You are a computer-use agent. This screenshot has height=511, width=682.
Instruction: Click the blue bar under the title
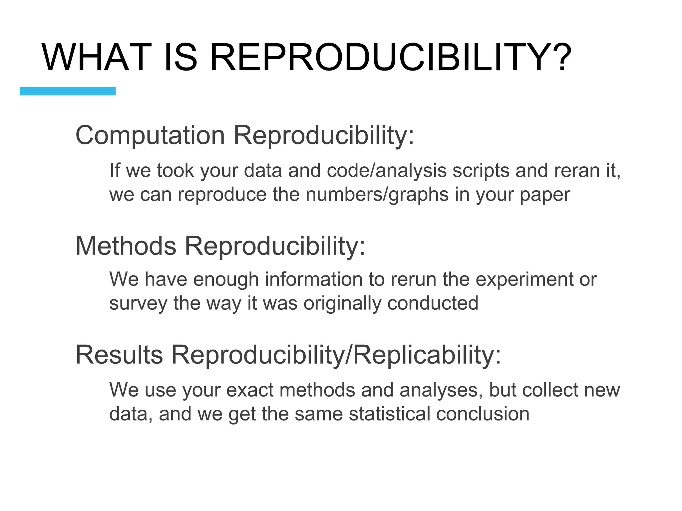click(x=68, y=91)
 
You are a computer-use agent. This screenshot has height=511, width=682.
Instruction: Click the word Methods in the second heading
click(x=126, y=246)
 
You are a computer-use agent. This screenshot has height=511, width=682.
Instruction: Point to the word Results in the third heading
click(x=119, y=355)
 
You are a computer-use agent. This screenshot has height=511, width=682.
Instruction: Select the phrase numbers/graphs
click(x=377, y=195)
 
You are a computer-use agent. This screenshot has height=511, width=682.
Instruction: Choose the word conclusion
click(x=483, y=414)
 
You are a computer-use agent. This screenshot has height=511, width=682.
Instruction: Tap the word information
click(x=313, y=279)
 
